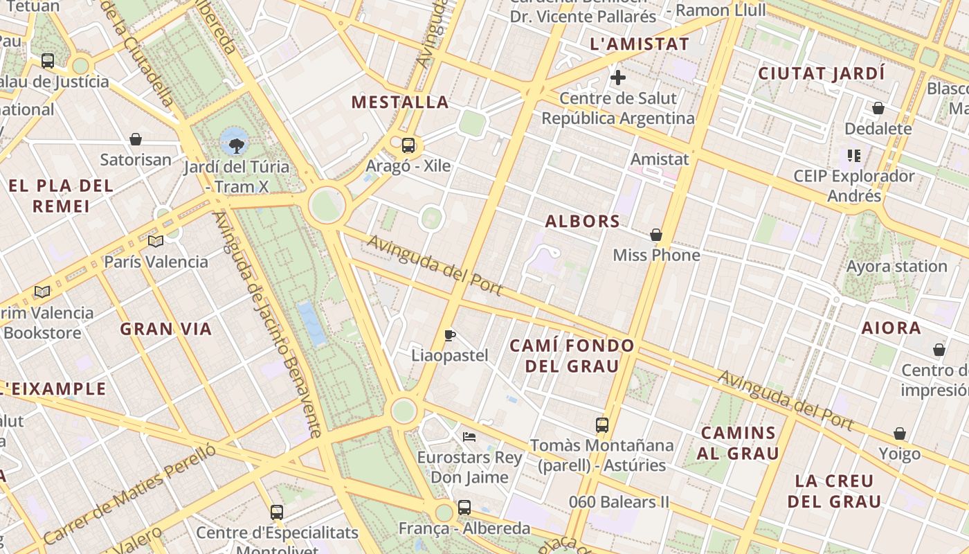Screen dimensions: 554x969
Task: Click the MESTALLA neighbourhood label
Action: coord(400,102)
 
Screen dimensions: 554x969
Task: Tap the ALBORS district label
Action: coord(582,222)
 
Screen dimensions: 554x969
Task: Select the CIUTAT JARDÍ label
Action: coord(822,73)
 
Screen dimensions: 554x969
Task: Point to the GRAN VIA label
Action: coord(166,329)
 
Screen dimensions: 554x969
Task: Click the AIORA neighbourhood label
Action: coord(891,328)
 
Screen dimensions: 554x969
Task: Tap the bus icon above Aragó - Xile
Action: coord(408,145)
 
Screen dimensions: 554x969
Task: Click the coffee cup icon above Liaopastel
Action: coord(450,336)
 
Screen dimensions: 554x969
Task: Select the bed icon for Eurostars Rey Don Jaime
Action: coord(469,437)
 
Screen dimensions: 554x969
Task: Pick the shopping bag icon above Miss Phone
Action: coord(656,235)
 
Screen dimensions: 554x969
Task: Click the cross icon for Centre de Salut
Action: coord(618,78)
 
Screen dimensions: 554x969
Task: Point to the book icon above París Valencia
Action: coord(156,241)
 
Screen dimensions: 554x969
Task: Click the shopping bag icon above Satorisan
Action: coord(136,139)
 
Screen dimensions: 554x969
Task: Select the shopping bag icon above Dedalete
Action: coord(878,108)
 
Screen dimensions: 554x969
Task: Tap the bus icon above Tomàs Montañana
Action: coord(602,425)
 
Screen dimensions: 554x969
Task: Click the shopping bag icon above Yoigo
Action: coord(900,434)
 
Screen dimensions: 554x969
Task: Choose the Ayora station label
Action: coord(896,267)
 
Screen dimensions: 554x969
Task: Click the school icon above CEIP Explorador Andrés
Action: coord(854,156)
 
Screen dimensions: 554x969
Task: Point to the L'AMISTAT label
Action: coord(640,44)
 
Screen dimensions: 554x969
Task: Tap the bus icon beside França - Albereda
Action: coord(464,507)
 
